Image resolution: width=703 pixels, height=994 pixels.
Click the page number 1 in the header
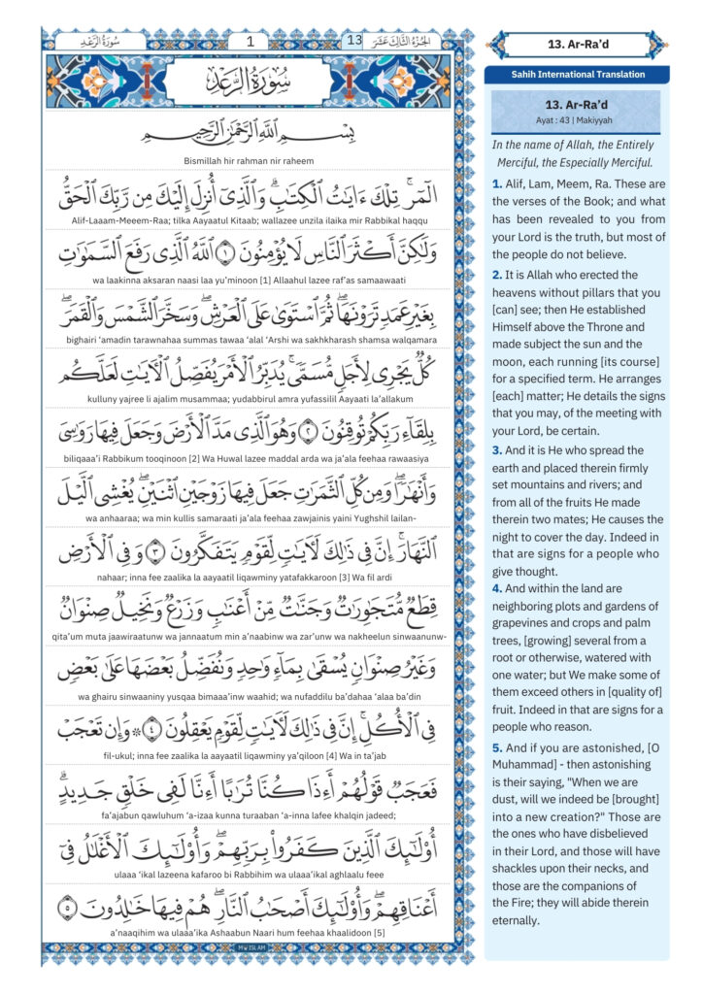[251, 41]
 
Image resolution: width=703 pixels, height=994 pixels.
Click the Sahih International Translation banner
[579, 75]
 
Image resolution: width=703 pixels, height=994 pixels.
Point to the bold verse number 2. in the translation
[496, 276]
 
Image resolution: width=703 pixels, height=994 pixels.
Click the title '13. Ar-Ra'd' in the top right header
[579, 44]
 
